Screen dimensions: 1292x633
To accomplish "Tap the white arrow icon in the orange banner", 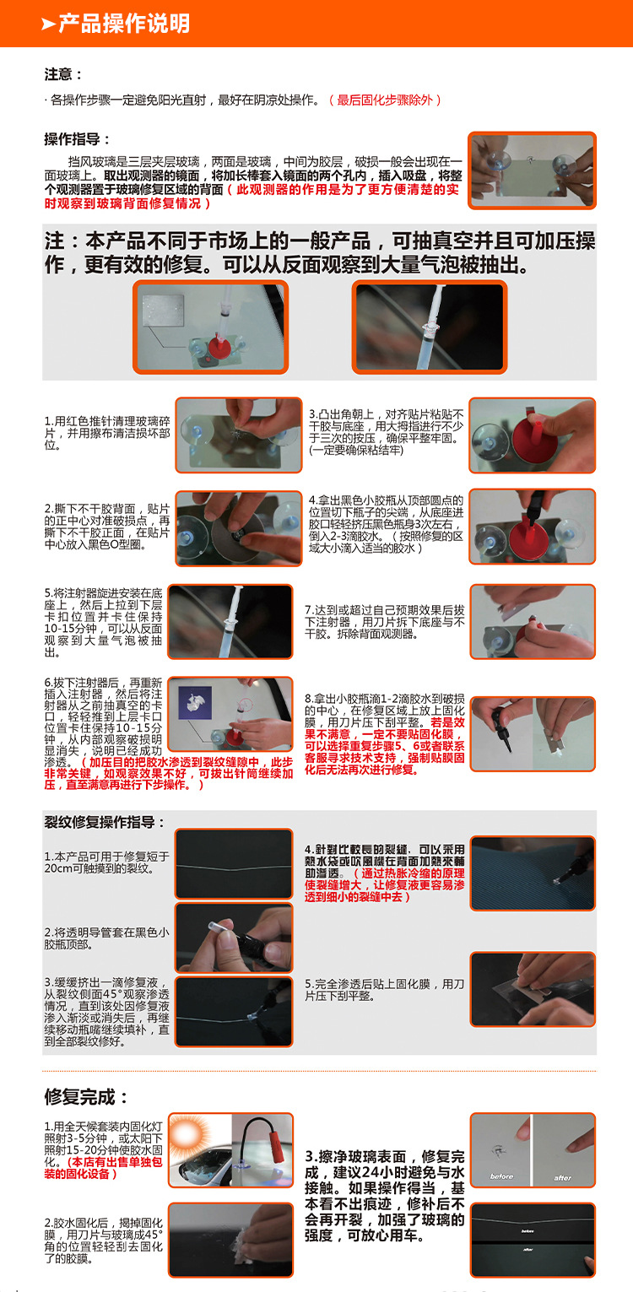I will click(x=48, y=24).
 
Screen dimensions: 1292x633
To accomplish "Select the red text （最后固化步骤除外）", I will click(x=385, y=100).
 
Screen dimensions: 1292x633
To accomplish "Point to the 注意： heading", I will click(x=64, y=74).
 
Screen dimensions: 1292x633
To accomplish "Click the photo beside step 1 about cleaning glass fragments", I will click(x=238, y=435).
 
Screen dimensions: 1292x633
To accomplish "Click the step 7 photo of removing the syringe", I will click(x=533, y=622).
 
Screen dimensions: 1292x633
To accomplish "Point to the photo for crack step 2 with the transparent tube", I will click(x=234, y=937).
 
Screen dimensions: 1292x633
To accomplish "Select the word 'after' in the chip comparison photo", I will click(x=562, y=1176).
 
